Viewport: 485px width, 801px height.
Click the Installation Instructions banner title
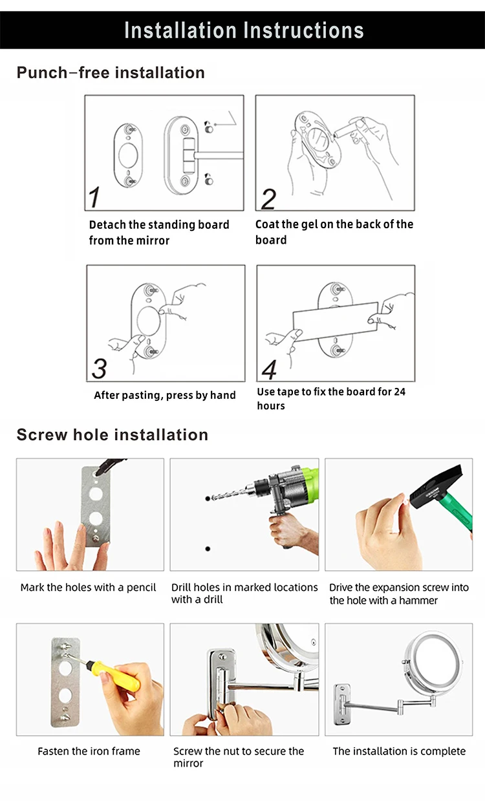(x=244, y=30)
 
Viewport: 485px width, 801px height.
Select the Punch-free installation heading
(x=111, y=72)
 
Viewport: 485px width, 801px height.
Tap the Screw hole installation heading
(x=113, y=435)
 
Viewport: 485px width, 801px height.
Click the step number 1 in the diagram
(x=94, y=197)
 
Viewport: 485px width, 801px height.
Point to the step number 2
(x=268, y=199)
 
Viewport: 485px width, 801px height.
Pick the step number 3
(x=99, y=368)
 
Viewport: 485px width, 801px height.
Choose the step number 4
(x=269, y=370)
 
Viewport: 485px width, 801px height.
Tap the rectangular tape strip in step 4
(x=336, y=321)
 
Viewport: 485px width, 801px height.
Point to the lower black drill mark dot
(x=208, y=548)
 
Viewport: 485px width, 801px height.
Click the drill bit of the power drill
(x=228, y=493)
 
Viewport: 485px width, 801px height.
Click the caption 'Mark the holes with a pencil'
(x=88, y=587)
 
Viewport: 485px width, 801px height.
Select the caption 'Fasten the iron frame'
(x=89, y=751)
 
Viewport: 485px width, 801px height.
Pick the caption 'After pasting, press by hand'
(x=165, y=395)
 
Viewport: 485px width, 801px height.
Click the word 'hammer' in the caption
(x=418, y=600)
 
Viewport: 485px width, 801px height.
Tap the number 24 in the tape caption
(x=400, y=392)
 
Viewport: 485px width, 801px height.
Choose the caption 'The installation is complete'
(x=399, y=751)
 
